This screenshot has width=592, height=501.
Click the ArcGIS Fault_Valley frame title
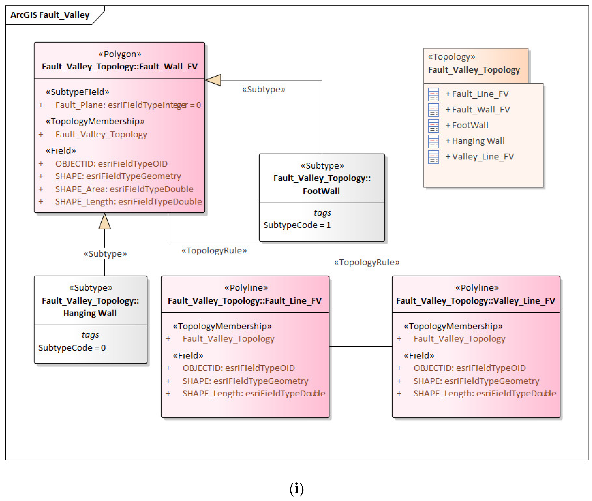click(50, 15)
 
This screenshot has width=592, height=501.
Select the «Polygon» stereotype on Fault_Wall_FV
click(119, 54)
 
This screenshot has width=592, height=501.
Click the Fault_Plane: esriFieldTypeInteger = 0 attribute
click(128, 105)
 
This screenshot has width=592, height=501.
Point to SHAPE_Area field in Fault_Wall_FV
click(124, 189)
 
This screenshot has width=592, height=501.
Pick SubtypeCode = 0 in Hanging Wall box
click(72, 348)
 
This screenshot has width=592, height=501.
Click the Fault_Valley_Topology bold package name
click(474, 70)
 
